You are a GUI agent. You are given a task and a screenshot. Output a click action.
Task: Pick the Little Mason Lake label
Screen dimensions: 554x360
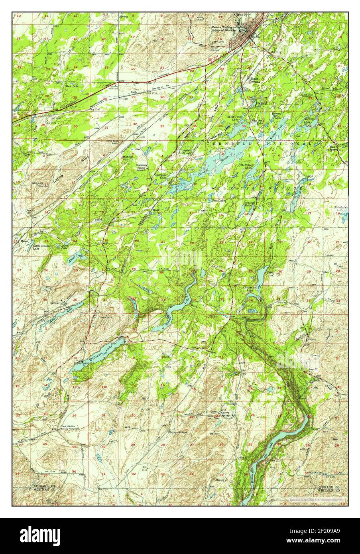[x=42, y=246]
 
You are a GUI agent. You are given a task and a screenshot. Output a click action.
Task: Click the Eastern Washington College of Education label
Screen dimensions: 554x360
[x=225, y=29]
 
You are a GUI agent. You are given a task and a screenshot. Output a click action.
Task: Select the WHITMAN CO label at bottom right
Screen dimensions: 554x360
[x=330, y=492]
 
